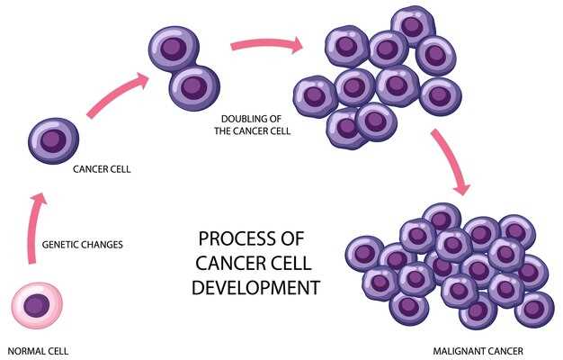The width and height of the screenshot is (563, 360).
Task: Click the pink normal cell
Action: click(x=36, y=307)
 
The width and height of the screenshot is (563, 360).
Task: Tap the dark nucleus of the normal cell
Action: click(x=36, y=305)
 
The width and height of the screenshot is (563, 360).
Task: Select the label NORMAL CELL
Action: click(x=38, y=350)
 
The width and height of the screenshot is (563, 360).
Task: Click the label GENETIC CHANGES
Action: click(x=84, y=244)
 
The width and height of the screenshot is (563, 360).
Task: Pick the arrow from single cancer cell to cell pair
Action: click(x=118, y=95)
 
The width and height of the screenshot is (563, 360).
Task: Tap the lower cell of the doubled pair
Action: click(x=193, y=87)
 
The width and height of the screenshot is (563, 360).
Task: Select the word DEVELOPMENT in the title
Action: click(x=257, y=289)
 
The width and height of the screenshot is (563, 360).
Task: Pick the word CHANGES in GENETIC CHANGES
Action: click(x=104, y=244)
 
